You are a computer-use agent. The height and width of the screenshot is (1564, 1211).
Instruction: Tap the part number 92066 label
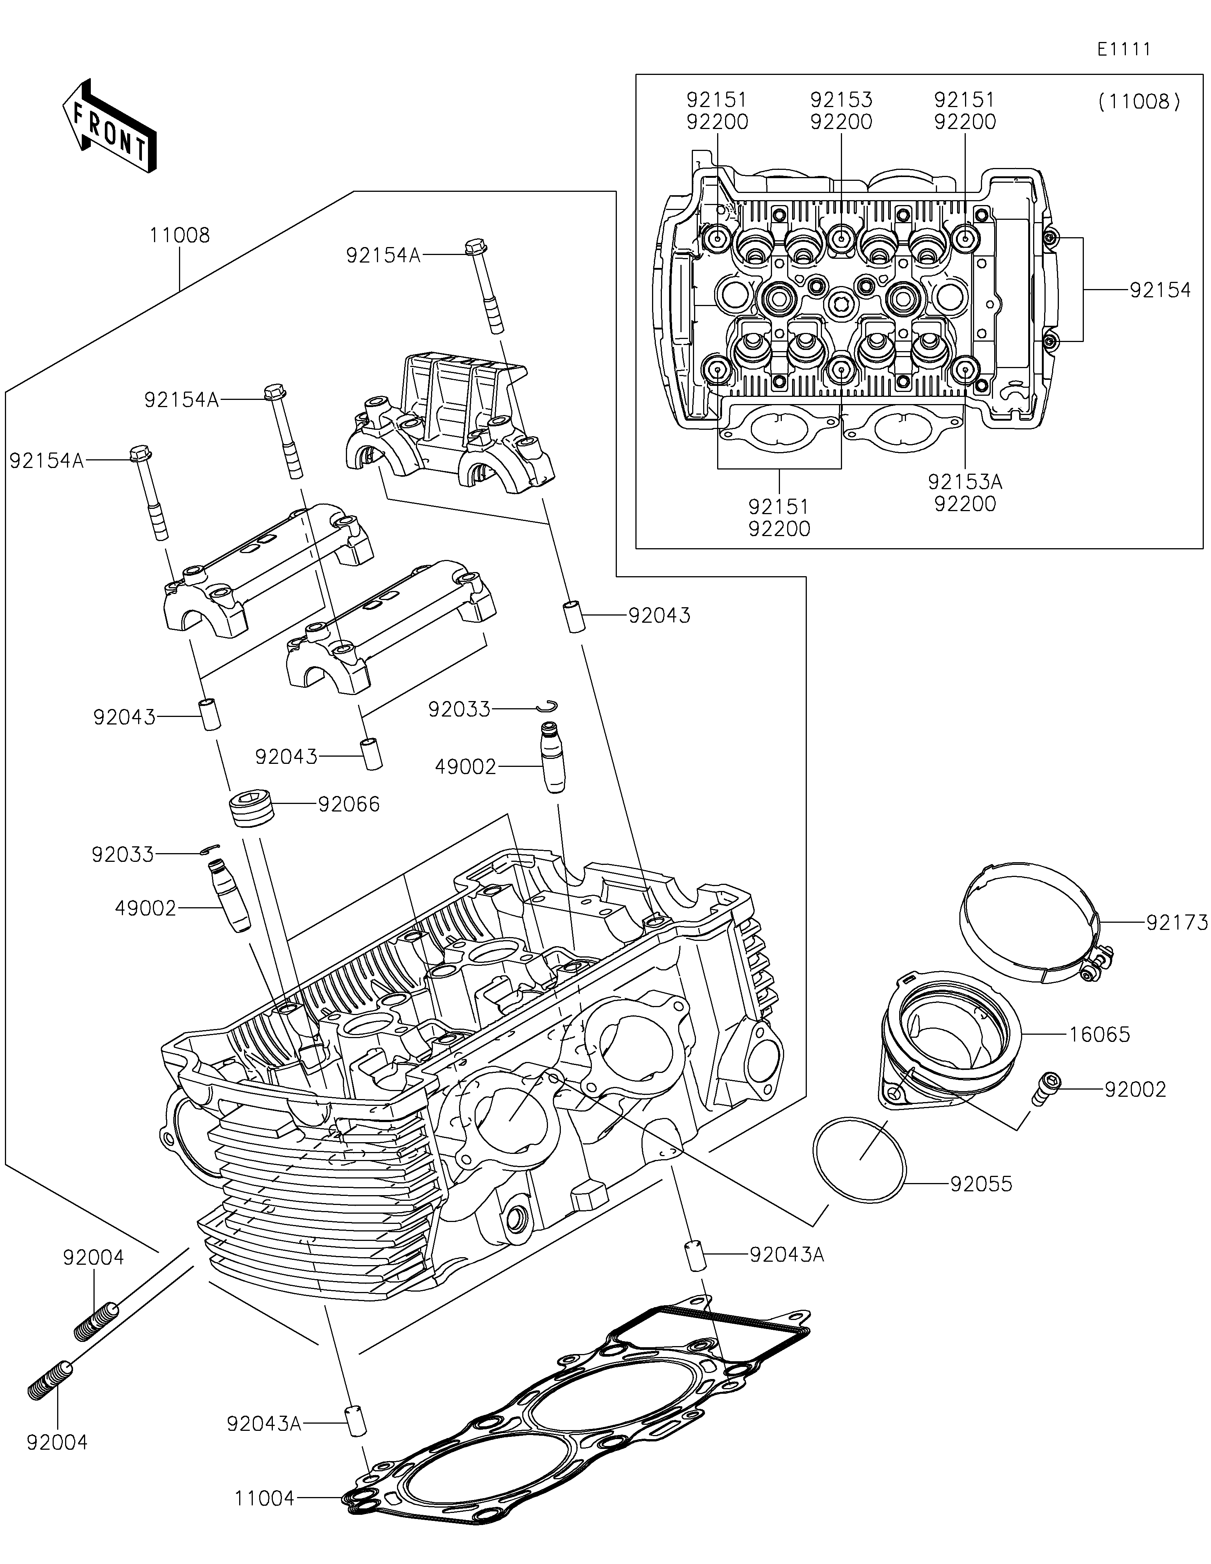[349, 804]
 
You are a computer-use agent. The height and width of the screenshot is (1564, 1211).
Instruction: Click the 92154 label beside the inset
[1160, 290]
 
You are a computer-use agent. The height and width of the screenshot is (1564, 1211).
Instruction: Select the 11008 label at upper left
[180, 236]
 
